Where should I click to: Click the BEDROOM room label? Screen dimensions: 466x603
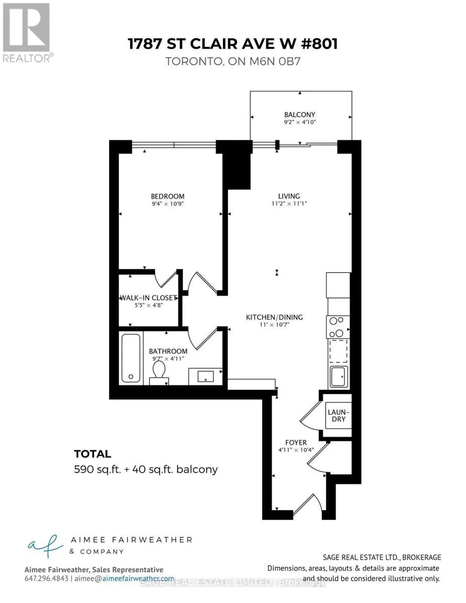(x=167, y=196)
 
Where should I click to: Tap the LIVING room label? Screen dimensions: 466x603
(x=289, y=196)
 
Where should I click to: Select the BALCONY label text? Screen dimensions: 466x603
(x=300, y=115)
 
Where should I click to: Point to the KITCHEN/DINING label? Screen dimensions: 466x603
(x=274, y=317)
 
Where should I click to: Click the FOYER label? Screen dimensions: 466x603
(x=296, y=442)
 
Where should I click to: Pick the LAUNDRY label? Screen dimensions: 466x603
(x=338, y=416)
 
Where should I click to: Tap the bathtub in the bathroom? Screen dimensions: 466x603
(x=131, y=358)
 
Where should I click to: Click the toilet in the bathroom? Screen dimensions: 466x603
(x=159, y=373)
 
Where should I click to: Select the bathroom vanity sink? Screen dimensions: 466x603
(x=205, y=376)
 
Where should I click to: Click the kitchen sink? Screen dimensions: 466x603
(x=338, y=376)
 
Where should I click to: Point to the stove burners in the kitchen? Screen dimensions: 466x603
(x=338, y=327)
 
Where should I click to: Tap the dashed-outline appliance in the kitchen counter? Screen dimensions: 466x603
(x=338, y=351)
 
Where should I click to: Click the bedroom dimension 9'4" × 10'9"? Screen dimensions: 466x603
(x=167, y=204)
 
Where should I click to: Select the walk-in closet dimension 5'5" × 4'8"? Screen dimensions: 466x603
(x=149, y=305)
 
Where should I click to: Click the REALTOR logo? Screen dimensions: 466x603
(x=27, y=33)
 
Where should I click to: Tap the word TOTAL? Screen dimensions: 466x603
(x=92, y=454)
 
